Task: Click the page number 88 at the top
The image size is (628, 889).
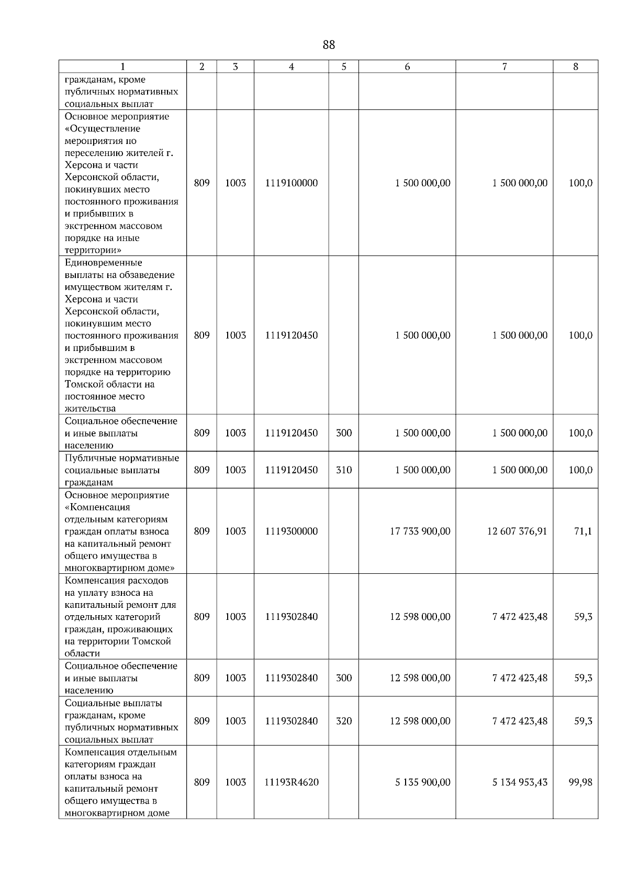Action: pyautogui.click(x=329, y=45)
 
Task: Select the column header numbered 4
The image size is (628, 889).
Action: pyautogui.click(x=291, y=66)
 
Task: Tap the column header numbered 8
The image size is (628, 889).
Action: pyautogui.click(x=576, y=66)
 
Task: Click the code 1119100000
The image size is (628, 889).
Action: pyautogui.click(x=291, y=183)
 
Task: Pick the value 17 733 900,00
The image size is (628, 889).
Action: pyautogui.click(x=420, y=531)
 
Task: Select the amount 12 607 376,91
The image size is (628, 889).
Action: pyautogui.click(x=517, y=531)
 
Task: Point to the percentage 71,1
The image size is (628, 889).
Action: pyautogui.click(x=583, y=531)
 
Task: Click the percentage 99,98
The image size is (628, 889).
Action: pyautogui.click(x=580, y=782)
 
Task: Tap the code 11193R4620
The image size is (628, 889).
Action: pyautogui.click(x=291, y=782)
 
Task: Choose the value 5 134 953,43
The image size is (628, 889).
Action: pyautogui.click(x=520, y=782)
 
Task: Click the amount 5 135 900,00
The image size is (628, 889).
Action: pyautogui.click(x=422, y=782)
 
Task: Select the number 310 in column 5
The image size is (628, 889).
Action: pyautogui.click(x=344, y=470)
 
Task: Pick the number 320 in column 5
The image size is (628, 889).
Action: pyautogui.click(x=344, y=721)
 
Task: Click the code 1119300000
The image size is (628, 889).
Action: pyautogui.click(x=291, y=531)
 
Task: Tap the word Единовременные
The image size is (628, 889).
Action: pyautogui.click(x=103, y=262)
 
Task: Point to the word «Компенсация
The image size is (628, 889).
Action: pyautogui.click(x=97, y=507)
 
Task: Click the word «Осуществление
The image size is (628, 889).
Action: pyautogui.click(x=102, y=128)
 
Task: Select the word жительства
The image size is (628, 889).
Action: pyautogui.click(x=90, y=408)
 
